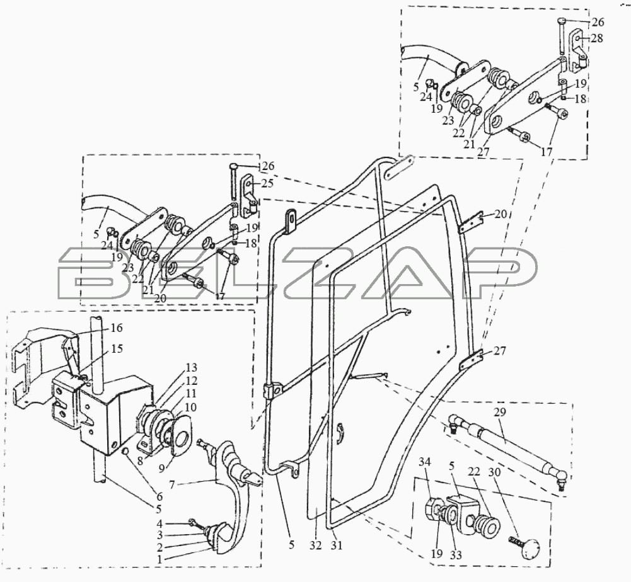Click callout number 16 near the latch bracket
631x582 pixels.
(x=116, y=328)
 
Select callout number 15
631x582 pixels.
(x=117, y=348)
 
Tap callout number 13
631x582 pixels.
(x=192, y=368)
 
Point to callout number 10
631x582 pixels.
(x=191, y=407)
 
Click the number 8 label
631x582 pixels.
(x=140, y=462)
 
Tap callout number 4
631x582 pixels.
(x=159, y=523)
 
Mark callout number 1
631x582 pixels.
(x=159, y=558)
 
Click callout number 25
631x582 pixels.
(x=267, y=183)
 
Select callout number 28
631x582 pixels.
(x=597, y=38)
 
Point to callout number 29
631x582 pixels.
(x=501, y=412)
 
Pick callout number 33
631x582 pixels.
(x=456, y=555)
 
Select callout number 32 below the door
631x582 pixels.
(x=316, y=546)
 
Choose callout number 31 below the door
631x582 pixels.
(x=337, y=546)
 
